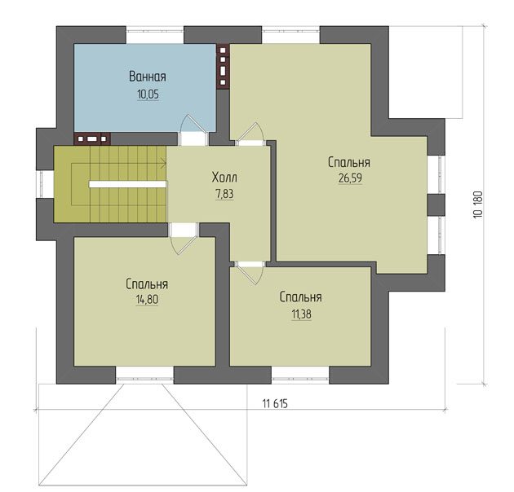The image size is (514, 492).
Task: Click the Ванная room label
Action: pos(148,77)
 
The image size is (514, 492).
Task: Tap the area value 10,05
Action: pos(148,94)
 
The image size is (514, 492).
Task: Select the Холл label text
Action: pos(224,178)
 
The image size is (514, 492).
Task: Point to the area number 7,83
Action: pos(224,194)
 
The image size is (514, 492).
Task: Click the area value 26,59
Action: pos(350,178)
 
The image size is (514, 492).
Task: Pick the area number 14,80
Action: pos(147,300)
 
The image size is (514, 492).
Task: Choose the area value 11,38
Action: pos(302,314)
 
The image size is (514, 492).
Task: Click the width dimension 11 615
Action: pos(275,403)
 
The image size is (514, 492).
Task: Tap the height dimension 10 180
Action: pos(478,204)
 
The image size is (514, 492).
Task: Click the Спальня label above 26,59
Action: pos(349,163)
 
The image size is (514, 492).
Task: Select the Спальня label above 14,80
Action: pos(147,284)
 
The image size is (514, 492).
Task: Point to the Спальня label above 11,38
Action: pos(300,297)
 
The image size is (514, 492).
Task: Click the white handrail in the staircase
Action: pos(127,184)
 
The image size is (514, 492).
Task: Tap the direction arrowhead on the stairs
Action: pos(163,162)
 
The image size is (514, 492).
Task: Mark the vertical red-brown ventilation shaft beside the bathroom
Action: pos(223,67)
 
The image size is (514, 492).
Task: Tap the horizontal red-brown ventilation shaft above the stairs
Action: pos(92,138)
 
